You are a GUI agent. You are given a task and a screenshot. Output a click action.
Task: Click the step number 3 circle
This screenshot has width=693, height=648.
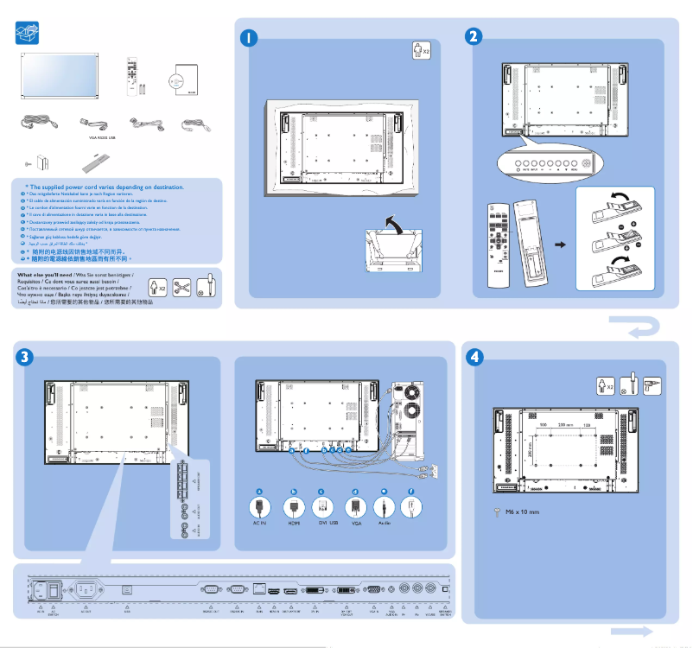(26, 356)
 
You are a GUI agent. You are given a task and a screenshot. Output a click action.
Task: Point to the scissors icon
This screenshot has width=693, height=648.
(180, 284)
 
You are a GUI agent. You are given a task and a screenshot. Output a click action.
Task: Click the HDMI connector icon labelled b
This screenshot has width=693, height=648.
(294, 507)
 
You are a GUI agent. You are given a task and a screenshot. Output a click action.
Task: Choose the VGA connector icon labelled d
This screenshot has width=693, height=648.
(354, 507)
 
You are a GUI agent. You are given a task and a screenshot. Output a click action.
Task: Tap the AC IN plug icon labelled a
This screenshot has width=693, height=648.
(259, 507)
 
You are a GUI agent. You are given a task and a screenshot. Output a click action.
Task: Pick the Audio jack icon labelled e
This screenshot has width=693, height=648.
(385, 507)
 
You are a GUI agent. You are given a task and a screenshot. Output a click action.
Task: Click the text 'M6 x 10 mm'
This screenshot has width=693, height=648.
(522, 511)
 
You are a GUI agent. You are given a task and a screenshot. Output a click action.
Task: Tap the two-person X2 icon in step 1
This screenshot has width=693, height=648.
(421, 51)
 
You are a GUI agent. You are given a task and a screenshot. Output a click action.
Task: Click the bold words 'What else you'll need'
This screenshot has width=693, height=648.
(45, 275)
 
